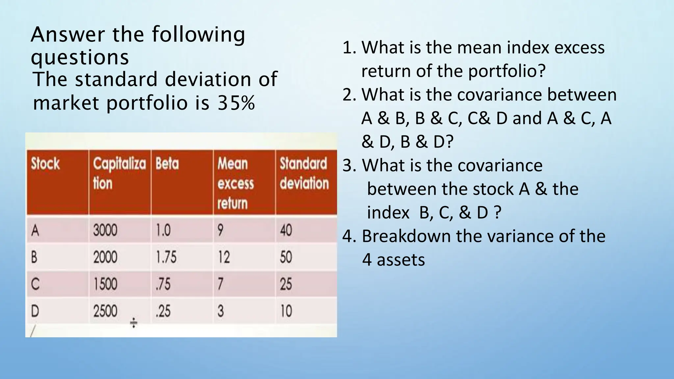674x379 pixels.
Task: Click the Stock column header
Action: tap(45, 164)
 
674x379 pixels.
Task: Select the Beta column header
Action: tap(167, 164)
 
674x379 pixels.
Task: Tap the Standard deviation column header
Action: tap(304, 173)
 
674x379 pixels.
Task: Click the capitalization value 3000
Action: tap(105, 230)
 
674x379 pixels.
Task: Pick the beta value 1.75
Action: tap(166, 257)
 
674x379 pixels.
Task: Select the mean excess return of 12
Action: tap(223, 257)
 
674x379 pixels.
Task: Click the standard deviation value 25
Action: tap(286, 284)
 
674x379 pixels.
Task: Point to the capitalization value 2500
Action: tap(105, 311)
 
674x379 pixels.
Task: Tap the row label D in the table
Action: tap(35, 311)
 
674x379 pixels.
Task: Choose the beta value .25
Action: tap(163, 311)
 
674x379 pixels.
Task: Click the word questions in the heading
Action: tap(80, 58)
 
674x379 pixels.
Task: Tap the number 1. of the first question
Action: tap(350, 48)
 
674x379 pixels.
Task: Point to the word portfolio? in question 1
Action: tap(507, 71)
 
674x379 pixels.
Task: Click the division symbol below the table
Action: tap(134, 323)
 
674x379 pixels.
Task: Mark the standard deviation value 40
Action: tap(286, 230)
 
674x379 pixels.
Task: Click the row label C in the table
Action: tap(35, 284)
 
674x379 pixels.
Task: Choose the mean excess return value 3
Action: tap(220, 311)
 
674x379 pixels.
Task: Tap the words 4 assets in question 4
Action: tap(394, 260)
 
